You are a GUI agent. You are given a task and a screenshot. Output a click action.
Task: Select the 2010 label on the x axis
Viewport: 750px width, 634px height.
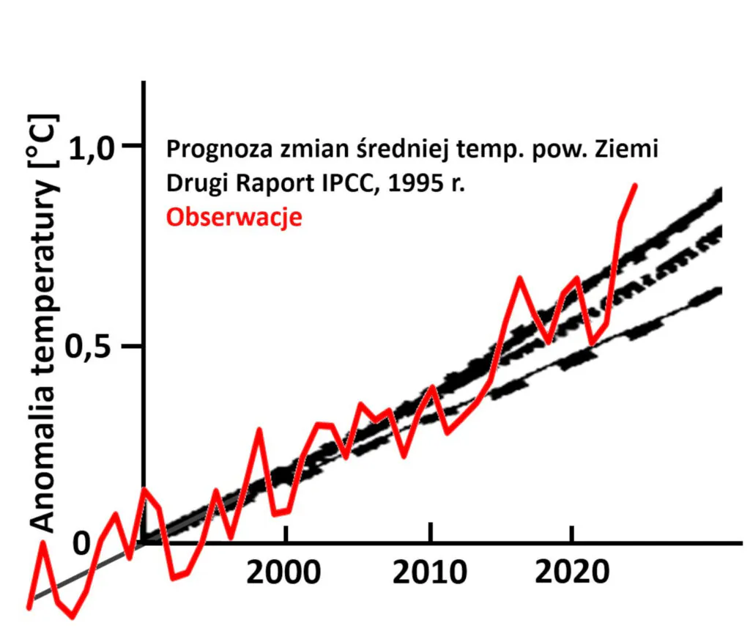tap(430, 573)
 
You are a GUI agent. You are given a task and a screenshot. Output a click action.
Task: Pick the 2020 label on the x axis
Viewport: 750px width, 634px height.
tap(571, 573)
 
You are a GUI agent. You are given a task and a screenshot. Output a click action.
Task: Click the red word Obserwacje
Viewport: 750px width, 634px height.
tap(234, 218)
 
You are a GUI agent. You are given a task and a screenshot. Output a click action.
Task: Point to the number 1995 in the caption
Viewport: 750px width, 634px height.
tap(422, 184)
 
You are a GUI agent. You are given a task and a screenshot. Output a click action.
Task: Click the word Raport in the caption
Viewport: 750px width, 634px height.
tap(281, 184)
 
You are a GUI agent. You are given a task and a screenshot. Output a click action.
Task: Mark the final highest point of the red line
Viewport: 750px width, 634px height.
tap(635, 185)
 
